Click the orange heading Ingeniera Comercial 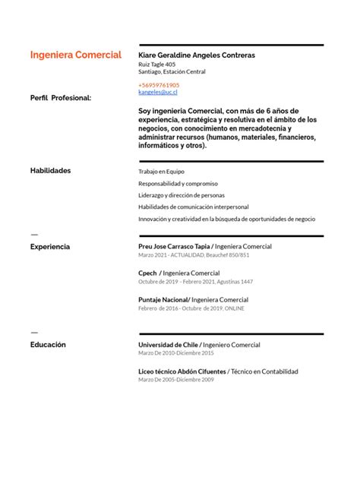coord(75,55)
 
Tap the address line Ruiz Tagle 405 coord(156,65)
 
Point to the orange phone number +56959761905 coord(159,85)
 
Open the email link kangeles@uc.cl coord(158,92)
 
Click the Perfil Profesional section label coord(61,98)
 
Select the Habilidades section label coord(50,171)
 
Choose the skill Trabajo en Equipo coord(161,172)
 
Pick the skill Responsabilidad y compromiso coord(178,184)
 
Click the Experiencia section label coord(50,247)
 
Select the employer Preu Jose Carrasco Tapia coord(173,247)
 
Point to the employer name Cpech coord(147,273)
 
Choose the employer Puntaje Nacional coord(163,300)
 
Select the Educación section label coord(48,345)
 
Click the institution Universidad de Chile coord(168,345)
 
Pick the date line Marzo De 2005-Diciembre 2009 coord(176,380)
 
